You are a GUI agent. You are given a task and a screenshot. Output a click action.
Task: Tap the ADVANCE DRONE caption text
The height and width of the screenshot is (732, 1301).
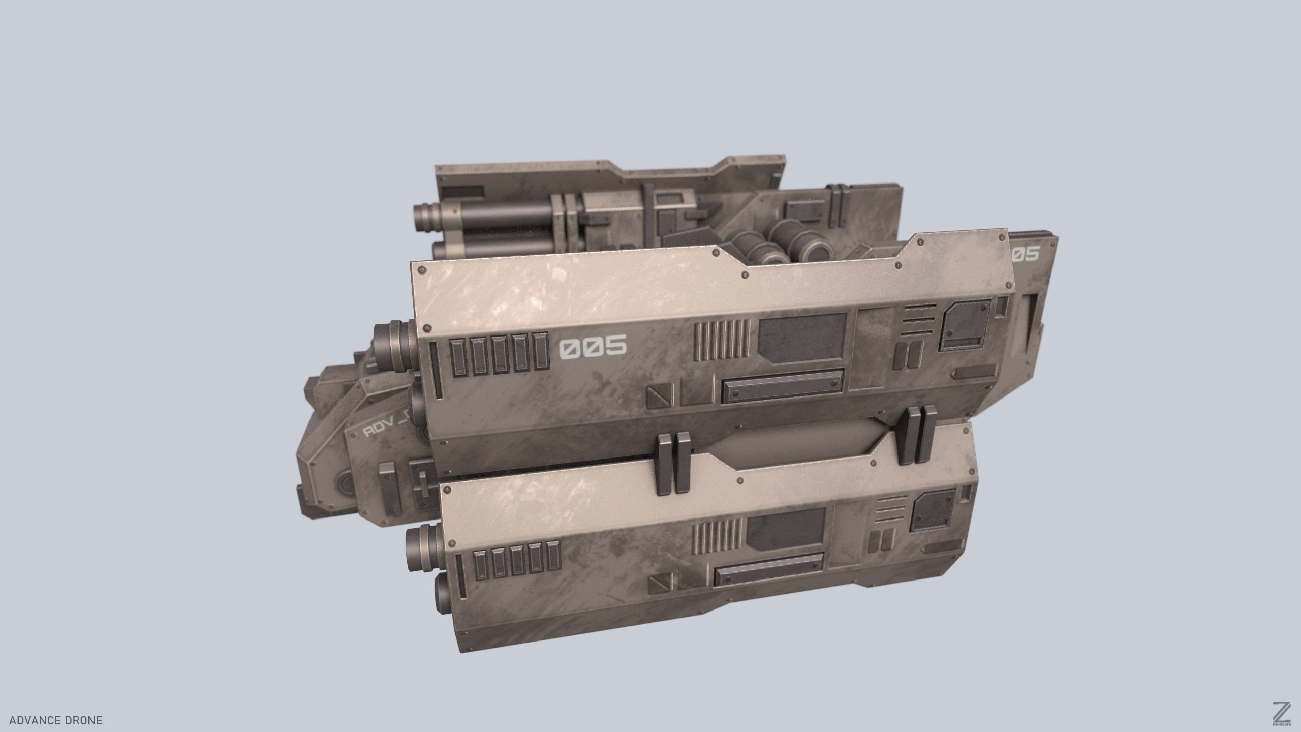(56, 720)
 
